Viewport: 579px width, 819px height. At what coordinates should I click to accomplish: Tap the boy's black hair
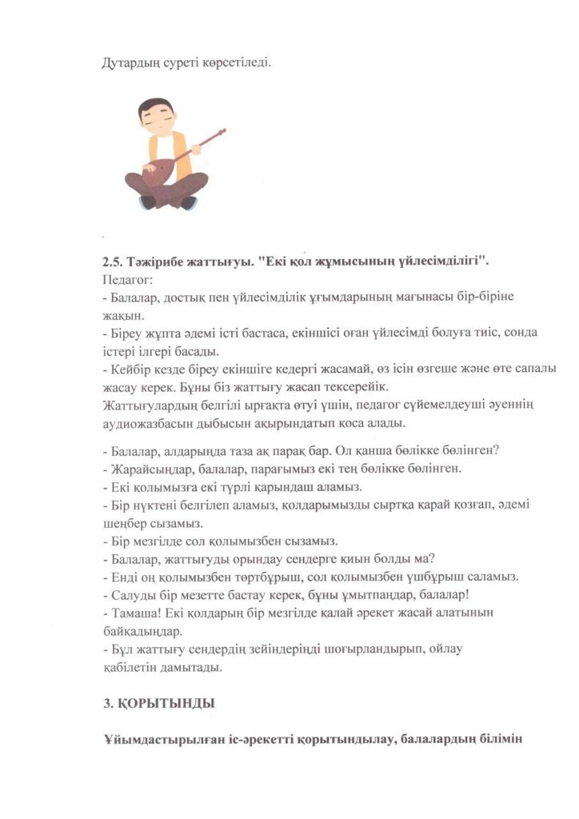tap(156, 108)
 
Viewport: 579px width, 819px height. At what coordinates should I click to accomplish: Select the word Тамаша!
tap(134, 612)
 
